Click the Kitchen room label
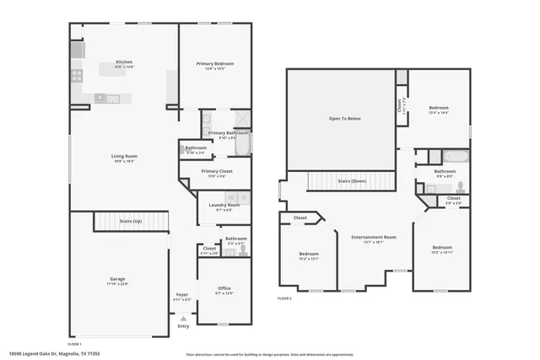(124, 63)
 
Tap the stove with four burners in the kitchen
(77, 74)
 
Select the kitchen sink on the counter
(112, 98)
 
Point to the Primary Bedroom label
(215, 63)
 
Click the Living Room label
(124, 156)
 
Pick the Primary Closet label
(216, 171)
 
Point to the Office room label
(224, 288)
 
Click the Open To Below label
(344, 118)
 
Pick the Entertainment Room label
(373, 237)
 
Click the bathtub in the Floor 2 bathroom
(457, 156)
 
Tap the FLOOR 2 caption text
(284, 298)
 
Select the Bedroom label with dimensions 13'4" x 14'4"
(439, 108)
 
